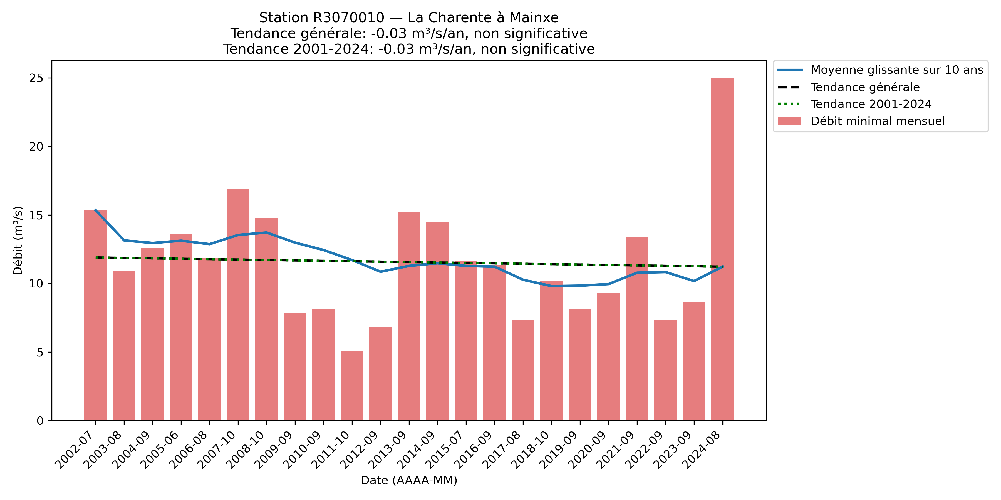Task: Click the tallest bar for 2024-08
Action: (x=722, y=248)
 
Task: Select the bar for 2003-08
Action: (x=124, y=346)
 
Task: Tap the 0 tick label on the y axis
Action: (x=40, y=421)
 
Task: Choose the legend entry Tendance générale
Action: (x=865, y=87)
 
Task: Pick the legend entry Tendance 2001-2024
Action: (x=871, y=104)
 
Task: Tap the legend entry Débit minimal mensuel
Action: (x=878, y=121)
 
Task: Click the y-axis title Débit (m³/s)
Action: (x=18, y=241)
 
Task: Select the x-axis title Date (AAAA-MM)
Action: (x=409, y=480)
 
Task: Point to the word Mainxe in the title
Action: (x=534, y=18)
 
